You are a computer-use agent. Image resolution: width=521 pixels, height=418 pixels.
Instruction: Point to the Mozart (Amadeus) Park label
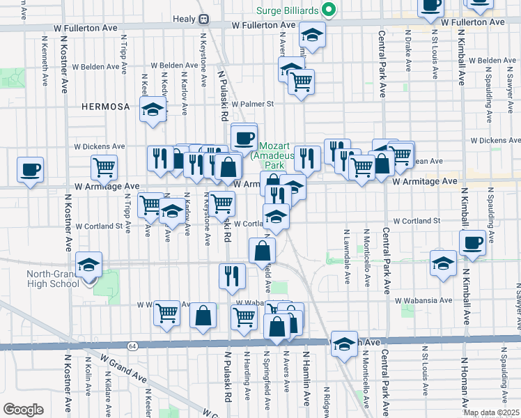[x=272, y=157]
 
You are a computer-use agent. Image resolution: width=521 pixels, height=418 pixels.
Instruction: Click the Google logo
[x=23, y=409]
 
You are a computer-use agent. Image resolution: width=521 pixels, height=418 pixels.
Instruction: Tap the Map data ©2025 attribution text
[x=490, y=412]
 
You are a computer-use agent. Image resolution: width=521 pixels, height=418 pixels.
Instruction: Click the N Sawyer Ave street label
[x=517, y=307]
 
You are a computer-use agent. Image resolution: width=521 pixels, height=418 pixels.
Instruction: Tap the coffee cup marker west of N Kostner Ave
[x=30, y=169]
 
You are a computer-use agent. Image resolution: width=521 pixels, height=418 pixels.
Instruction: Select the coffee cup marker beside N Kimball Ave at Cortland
[x=473, y=242]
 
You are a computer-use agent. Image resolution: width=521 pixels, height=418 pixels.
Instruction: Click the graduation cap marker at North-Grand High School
[x=89, y=265]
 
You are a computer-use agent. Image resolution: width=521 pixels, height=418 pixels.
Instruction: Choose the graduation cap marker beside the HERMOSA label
[x=153, y=109]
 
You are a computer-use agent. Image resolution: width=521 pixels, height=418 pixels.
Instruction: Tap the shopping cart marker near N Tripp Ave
[x=104, y=167]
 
